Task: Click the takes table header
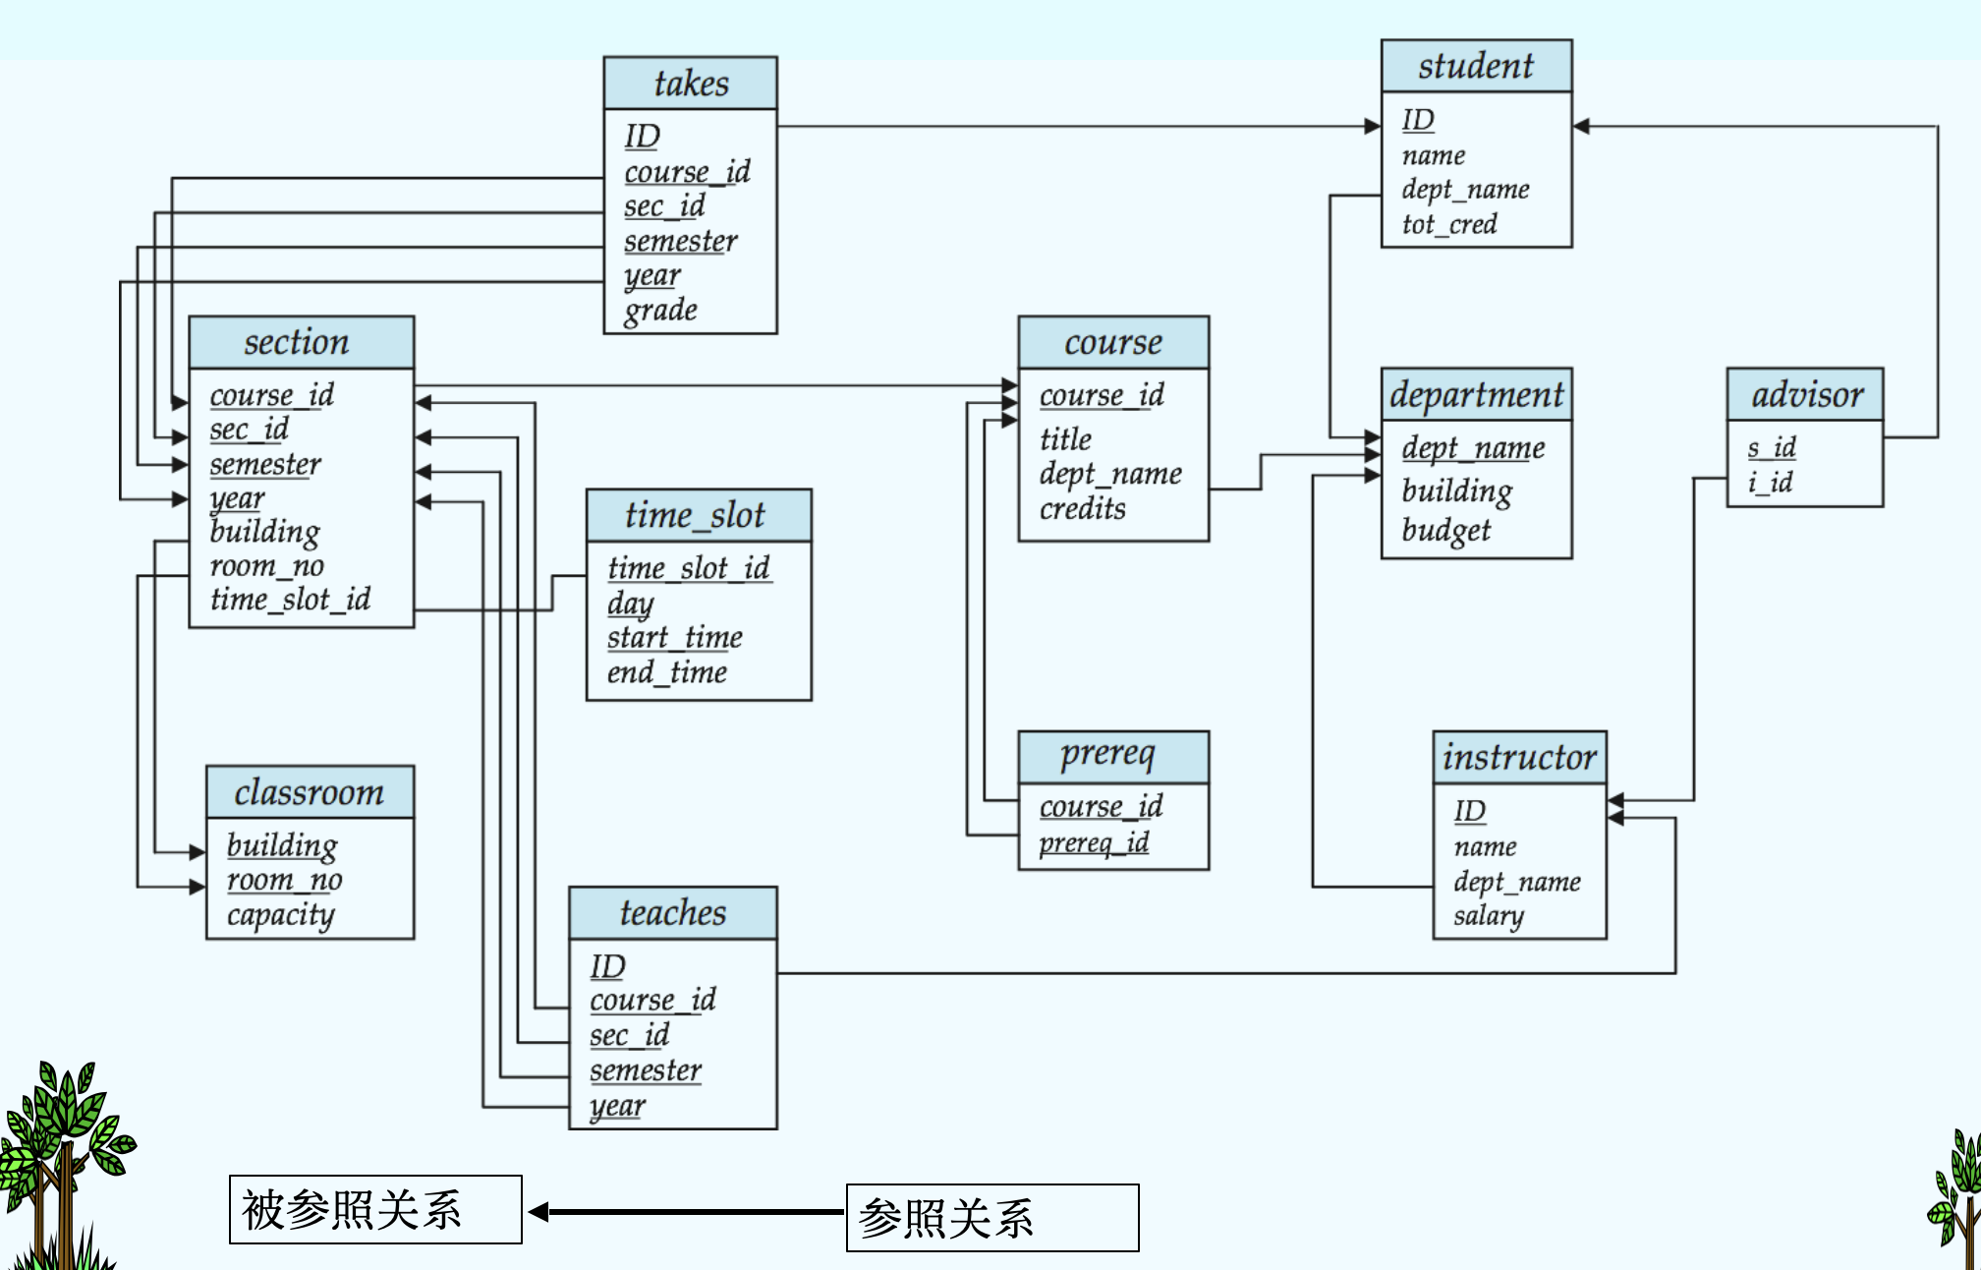(691, 84)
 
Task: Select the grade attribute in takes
(660, 311)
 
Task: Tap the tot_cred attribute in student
(1449, 225)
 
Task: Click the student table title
(1476, 66)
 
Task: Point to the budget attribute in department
(1445, 531)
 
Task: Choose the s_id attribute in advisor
(1772, 448)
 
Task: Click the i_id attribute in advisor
(1770, 483)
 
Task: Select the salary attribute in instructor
(1489, 916)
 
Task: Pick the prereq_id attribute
(1094, 843)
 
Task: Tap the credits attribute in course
(1083, 509)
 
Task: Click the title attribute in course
(1065, 438)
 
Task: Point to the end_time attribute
(667, 673)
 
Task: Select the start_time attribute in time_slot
(675, 638)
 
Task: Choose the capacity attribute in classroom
(281, 915)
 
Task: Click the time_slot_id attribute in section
(290, 600)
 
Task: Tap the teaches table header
(673, 913)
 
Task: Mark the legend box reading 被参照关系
(375, 1210)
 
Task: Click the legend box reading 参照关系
(992, 1218)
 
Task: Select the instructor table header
(1519, 758)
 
